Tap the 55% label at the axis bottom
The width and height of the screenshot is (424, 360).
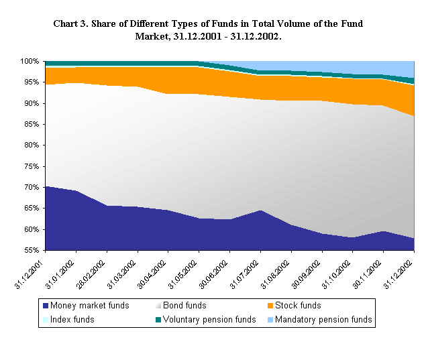coord(31,250)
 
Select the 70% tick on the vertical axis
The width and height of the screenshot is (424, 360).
coord(31,187)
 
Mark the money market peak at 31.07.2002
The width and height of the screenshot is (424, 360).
coord(260,211)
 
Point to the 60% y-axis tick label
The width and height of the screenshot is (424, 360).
coord(31,229)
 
